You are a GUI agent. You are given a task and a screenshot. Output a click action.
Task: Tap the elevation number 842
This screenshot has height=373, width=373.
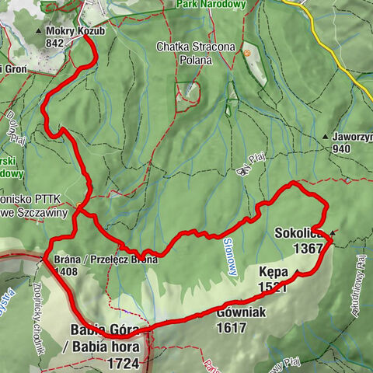(x=54, y=44)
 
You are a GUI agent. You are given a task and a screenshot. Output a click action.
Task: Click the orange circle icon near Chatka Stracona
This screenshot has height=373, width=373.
(x=248, y=53)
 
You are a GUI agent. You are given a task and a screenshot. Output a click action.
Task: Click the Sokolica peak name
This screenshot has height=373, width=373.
(x=298, y=233)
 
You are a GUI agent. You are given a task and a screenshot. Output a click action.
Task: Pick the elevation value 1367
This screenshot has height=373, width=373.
(x=307, y=248)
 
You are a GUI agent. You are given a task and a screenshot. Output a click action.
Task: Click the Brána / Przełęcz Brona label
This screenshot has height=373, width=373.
(x=106, y=260)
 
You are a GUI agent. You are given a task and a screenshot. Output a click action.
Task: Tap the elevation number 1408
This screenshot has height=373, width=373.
(x=67, y=272)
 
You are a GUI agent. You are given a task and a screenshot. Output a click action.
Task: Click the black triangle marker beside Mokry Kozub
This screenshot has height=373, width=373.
(x=40, y=32)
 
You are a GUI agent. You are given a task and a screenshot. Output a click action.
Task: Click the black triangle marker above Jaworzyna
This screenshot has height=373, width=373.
(x=324, y=137)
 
